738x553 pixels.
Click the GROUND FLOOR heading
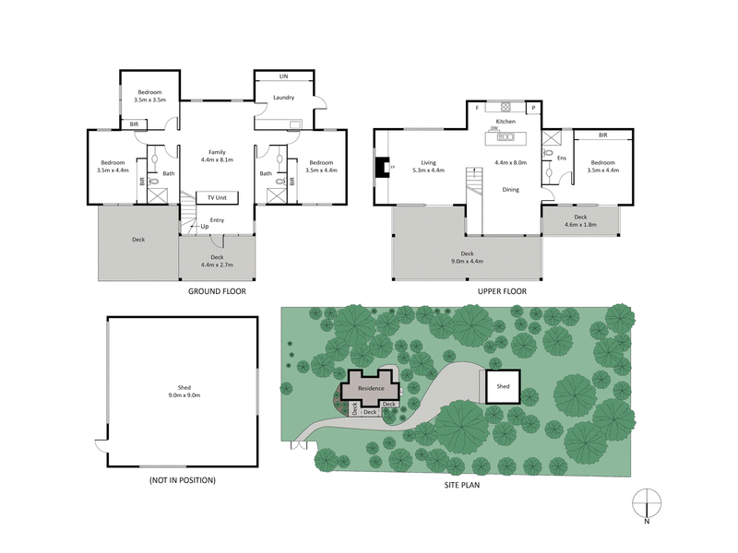pos(218,290)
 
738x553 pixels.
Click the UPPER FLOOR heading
pos(503,290)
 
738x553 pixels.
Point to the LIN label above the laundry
pos(284,76)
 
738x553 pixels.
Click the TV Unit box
pos(218,197)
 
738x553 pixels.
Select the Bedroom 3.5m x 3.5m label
pos(151,95)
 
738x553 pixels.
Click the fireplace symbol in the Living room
pos(383,168)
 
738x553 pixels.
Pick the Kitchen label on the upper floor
pos(506,122)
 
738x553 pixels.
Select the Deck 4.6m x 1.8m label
pos(581,220)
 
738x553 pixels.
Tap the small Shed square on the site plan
pos(503,387)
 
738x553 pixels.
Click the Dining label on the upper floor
pos(509,189)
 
